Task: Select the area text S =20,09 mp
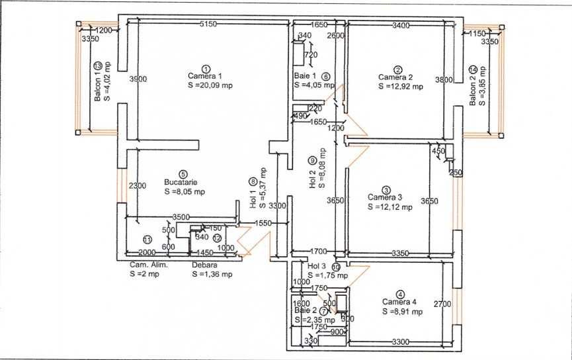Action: point(210,85)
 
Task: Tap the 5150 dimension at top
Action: point(208,25)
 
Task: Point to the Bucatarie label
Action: point(181,182)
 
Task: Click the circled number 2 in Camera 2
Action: point(397,69)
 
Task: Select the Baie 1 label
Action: point(306,77)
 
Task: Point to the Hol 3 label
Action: point(318,266)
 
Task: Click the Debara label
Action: point(204,265)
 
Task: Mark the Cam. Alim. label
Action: point(149,265)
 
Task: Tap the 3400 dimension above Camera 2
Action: point(401,25)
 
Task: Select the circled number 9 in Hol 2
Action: point(312,159)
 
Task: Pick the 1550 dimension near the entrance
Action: point(263,224)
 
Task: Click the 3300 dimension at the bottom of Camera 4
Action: point(401,342)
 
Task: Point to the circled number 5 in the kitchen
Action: point(183,173)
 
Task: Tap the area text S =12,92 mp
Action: point(401,85)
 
